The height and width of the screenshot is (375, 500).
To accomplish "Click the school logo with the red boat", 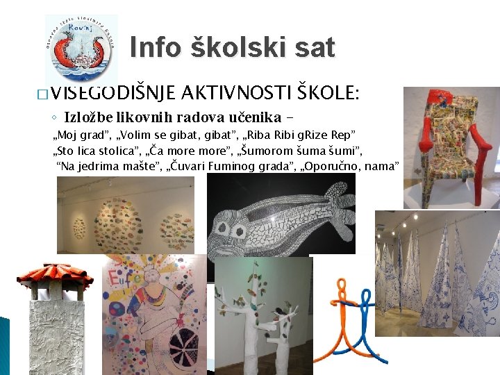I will pyautogui.click(x=81, y=49).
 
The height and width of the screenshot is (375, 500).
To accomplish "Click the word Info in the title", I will pyautogui.click(x=155, y=48).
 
